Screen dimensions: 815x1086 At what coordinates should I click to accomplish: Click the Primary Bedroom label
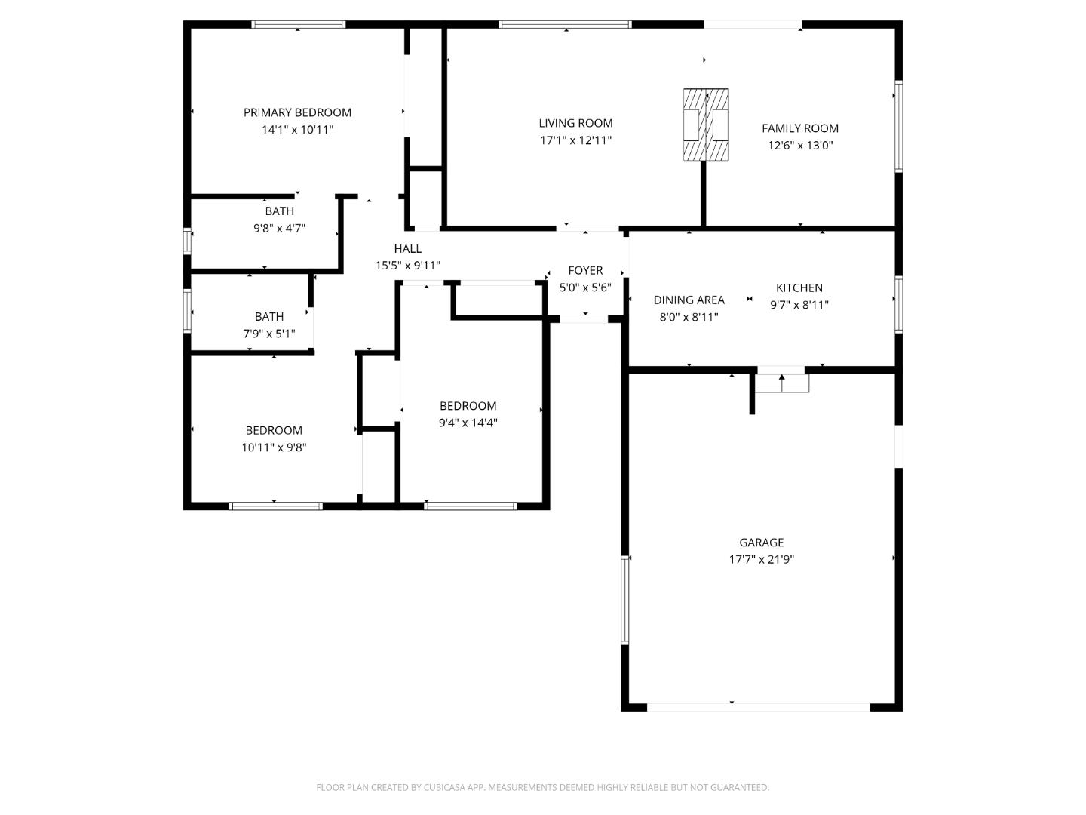click(297, 112)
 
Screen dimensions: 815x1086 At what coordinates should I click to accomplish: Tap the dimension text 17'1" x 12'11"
click(575, 140)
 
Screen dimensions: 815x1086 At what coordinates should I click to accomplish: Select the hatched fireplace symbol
click(706, 125)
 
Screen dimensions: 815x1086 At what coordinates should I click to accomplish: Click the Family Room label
click(799, 128)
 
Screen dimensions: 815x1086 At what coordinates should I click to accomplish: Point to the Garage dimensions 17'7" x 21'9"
click(761, 560)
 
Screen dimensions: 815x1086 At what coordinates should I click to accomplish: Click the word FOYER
click(585, 270)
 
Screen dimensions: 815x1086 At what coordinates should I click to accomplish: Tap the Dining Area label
click(689, 300)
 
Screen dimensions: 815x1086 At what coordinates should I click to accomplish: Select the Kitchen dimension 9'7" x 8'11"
click(799, 305)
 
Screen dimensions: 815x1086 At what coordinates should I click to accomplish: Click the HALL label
click(407, 248)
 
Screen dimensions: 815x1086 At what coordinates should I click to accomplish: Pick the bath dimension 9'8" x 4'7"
click(279, 228)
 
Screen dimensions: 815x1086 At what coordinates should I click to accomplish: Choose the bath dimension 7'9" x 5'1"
click(268, 334)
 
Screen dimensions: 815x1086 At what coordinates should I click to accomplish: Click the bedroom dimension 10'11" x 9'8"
click(274, 447)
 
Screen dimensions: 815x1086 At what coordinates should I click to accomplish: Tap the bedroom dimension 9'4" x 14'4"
click(468, 423)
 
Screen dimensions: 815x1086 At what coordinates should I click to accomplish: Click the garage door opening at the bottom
click(758, 707)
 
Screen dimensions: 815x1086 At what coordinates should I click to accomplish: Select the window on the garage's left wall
click(624, 600)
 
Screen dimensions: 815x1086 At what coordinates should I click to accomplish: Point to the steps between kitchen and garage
click(782, 383)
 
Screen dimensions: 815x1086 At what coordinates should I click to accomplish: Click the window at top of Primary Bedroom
click(298, 25)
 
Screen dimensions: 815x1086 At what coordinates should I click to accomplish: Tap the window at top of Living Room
click(565, 25)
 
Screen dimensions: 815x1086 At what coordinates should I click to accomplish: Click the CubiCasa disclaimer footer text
click(542, 787)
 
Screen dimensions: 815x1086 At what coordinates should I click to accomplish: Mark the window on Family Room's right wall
click(898, 126)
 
